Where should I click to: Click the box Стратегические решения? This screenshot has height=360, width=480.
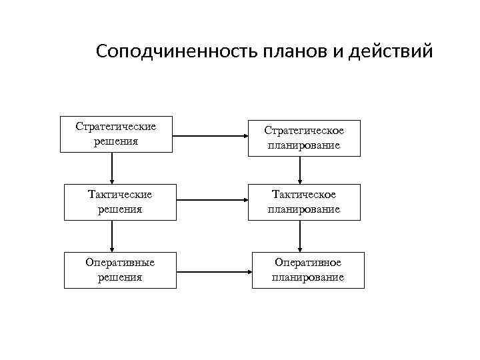click(x=116, y=135)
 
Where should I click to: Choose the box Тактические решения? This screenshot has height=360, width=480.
click(x=120, y=202)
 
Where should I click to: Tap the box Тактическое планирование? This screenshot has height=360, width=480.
click(x=304, y=202)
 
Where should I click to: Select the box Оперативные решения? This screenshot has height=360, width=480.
click(x=120, y=270)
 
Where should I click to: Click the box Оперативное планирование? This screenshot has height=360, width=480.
click(x=308, y=270)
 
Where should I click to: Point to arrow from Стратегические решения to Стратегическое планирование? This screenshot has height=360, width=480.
click(x=211, y=137)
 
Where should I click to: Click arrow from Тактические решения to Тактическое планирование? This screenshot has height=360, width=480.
click(x=213, y=200)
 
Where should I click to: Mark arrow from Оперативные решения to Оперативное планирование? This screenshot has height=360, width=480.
click(x=214, y=271)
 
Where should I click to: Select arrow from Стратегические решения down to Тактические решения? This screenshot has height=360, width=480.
click(x=112, y=168)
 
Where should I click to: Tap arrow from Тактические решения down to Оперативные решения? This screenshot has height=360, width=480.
click(x=112, y=236)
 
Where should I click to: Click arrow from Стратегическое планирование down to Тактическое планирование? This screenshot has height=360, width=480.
click(x=301, y=170)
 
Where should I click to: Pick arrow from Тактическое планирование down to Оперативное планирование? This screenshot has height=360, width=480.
click(x=301, y=236)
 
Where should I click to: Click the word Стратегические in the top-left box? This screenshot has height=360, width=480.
click(x=116, y=127)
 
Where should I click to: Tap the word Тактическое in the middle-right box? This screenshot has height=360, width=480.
click(x=304, y=195)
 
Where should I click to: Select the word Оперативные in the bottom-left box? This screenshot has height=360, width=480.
click(x=120, y=263)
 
